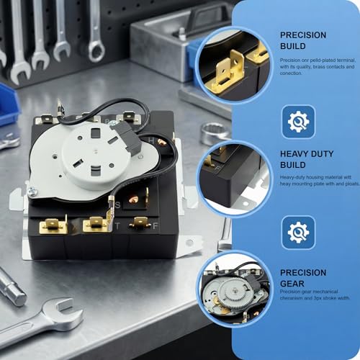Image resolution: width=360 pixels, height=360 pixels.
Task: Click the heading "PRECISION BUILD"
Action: tap(303, 40)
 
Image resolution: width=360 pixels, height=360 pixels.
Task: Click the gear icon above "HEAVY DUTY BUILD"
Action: tap(298, 122)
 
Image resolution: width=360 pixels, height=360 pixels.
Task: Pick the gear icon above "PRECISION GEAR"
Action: tap(298, 233)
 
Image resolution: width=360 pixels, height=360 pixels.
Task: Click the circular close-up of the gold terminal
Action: tap(235, 63)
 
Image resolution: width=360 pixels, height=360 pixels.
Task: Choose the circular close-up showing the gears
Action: tap(235, 285)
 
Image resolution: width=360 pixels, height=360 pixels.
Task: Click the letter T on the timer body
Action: tap(118, 225)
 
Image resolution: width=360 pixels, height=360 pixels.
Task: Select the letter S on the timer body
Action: tap(117, 205)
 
